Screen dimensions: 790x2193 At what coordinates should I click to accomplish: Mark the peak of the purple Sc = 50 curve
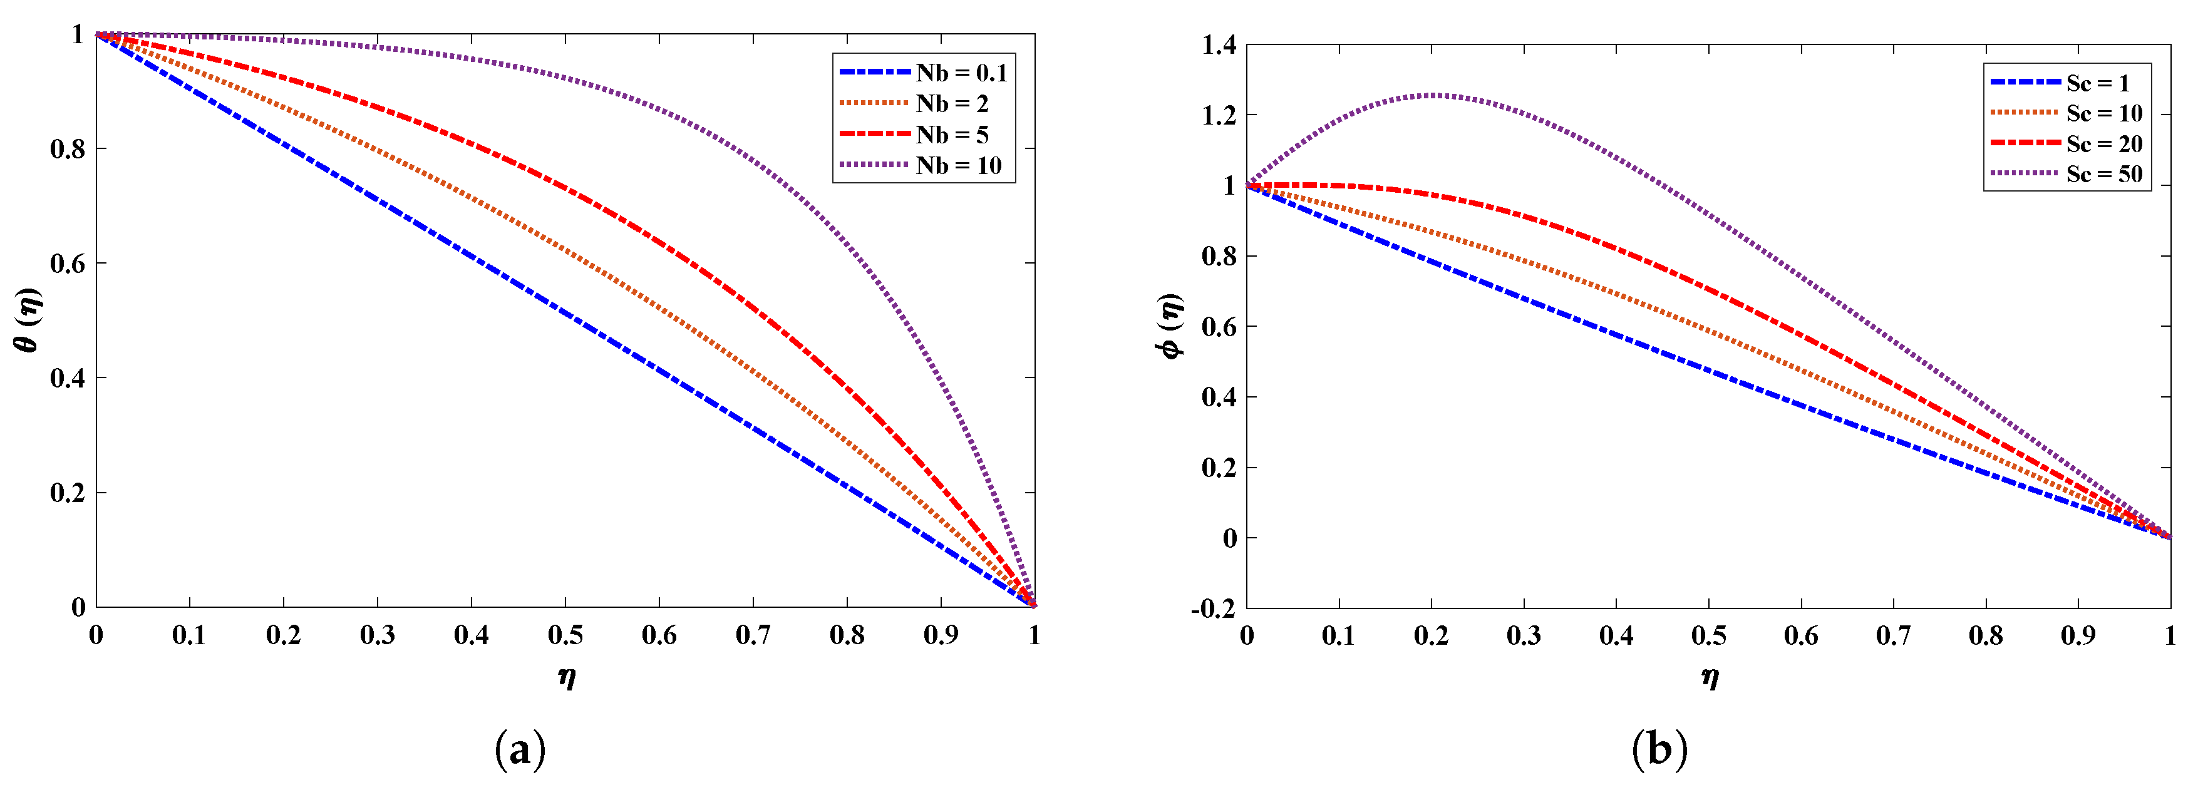tap(1433, 95)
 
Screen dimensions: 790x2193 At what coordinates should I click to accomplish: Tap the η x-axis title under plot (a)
tap(566, 677)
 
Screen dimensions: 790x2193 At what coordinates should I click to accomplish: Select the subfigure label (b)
tap(1659, 750)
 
